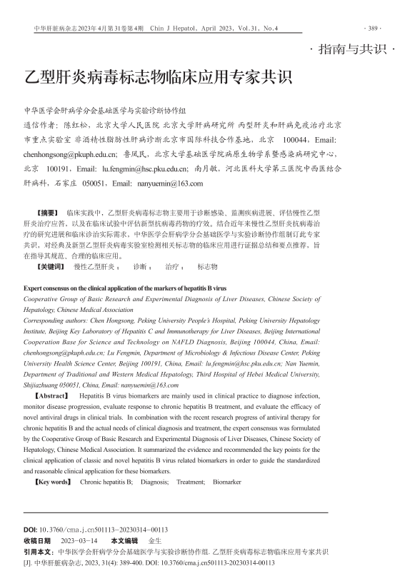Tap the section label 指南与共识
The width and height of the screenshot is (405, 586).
[354, 50]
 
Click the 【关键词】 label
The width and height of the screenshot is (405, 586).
[52, 266]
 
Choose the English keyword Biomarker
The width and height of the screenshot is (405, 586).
[227, 483]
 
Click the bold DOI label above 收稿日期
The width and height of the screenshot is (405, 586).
[31, 530]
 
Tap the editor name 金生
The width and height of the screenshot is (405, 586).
[154, 541]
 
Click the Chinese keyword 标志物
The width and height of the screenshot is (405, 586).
[206, 266]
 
